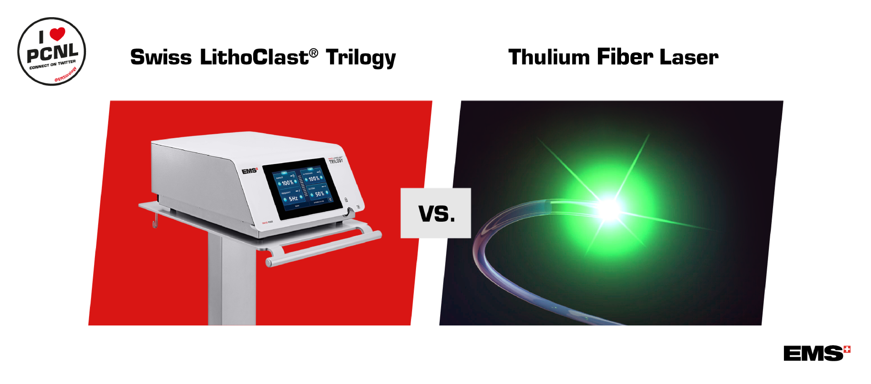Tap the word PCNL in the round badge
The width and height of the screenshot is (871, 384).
(x=52, y=53)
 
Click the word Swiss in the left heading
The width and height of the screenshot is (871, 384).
(x=161, y=57)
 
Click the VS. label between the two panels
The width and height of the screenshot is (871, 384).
(x=436, y=214)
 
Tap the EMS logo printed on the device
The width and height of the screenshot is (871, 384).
(x=249, y=171)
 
